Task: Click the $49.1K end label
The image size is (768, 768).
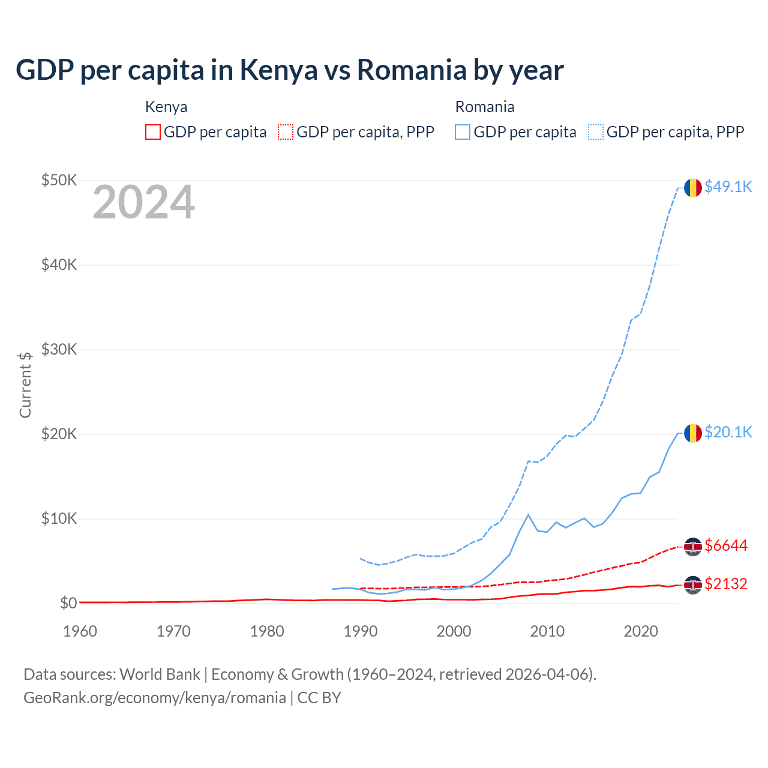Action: [728, 187]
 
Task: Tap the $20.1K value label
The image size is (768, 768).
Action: [728, 432]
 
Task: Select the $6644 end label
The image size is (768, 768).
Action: [725, 545]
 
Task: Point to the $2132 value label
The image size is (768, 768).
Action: [725, 584]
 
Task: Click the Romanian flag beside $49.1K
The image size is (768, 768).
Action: [693, 188]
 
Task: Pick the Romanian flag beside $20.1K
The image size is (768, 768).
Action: [693, 433]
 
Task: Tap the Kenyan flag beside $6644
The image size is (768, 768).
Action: [693, 547]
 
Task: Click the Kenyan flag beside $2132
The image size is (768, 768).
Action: [693, 585]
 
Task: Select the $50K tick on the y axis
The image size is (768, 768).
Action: [59, 180]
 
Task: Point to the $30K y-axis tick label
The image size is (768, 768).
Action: [59, 349]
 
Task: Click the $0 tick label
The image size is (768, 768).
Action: [68, 603]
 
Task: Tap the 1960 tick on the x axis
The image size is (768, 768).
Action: [80, 631]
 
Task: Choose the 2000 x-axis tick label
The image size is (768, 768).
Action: [454, 631]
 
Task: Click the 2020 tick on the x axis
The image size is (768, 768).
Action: [641, 631]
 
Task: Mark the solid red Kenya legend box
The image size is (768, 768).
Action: [153, 132]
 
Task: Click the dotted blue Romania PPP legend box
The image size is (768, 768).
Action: [596, 132]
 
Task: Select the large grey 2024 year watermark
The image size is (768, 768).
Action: [143, 202]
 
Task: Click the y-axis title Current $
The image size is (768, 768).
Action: [25, 385]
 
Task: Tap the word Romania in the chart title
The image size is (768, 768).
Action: [412, 70]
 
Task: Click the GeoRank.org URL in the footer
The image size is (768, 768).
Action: [155, 698]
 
